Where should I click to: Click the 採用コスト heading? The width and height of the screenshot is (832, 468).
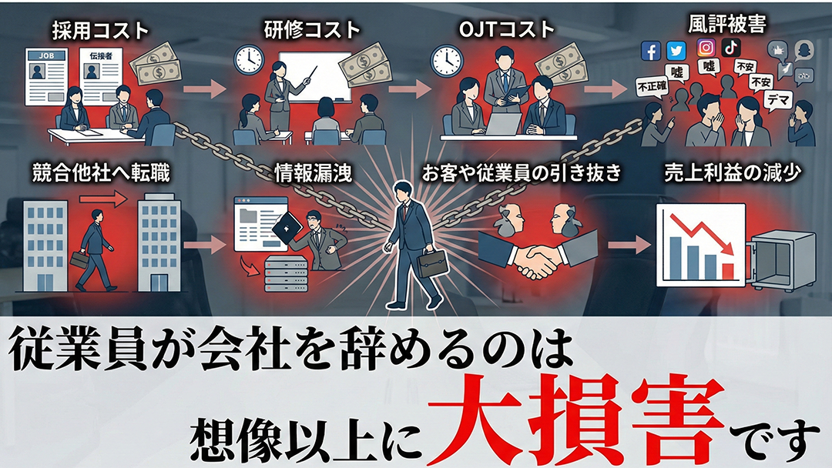pos(100,31)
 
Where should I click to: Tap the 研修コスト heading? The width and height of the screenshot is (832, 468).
pos(312,30)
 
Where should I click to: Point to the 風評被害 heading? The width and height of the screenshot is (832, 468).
pos(727,24)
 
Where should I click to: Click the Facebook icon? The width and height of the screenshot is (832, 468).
pos(650,51)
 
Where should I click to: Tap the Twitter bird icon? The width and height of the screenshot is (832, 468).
pos(676,51)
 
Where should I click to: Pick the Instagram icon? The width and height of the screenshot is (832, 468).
pos(706,48)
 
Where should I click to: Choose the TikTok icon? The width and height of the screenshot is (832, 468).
pos(730,47)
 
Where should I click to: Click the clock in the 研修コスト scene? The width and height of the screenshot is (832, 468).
pos(249,58)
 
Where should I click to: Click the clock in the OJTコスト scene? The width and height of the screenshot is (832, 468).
pos(447,60)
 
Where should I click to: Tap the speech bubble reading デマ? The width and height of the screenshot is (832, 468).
pos(779,99)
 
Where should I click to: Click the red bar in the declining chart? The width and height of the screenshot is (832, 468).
pos(728,271)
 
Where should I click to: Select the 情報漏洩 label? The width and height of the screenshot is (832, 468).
pos(313,173)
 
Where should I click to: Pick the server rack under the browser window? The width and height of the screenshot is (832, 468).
pos(287,273)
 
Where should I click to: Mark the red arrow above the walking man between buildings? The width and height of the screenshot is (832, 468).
pos(103,200)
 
